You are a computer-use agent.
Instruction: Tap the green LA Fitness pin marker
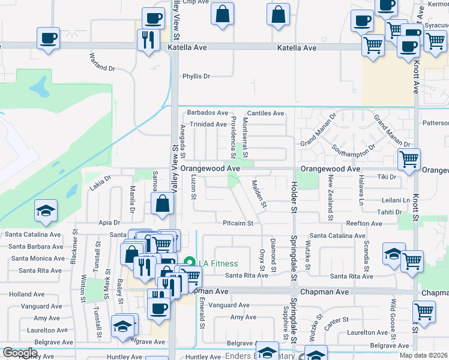190,262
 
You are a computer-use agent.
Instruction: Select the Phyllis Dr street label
196,76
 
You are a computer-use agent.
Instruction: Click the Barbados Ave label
208,113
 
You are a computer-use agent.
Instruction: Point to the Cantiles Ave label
265,113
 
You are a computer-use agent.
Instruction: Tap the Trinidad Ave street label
208,124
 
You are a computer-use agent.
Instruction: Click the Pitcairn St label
238,223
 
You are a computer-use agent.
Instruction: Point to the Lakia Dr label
101,178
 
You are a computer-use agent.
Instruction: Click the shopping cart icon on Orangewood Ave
409,160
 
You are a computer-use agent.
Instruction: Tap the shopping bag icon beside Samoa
163,203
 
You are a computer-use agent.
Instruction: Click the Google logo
20,353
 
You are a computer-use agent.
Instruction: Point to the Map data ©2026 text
423,355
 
